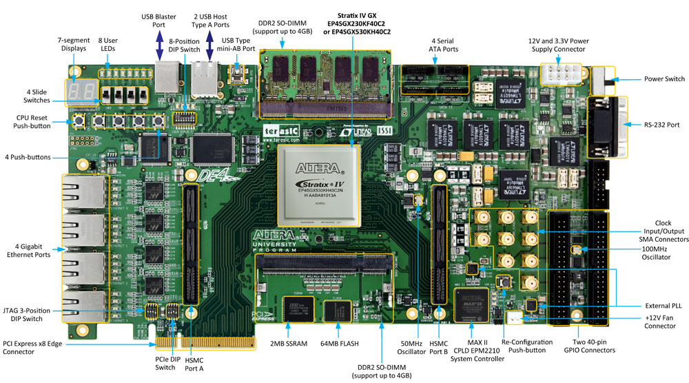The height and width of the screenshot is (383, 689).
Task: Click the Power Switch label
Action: (x=665, y=79)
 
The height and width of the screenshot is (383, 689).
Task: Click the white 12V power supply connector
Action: (x=562, y=74)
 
